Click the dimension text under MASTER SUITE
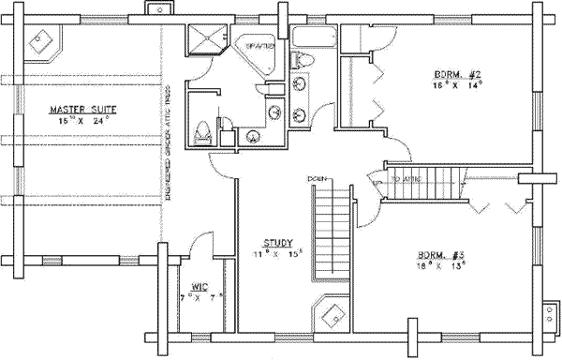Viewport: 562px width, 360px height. (x=79, y=122)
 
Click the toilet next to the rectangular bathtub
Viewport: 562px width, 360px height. (x=303, y=61)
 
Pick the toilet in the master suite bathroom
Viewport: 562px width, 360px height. (x=202, y=133)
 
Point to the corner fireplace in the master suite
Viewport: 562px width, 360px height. (x=40, y=40)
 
